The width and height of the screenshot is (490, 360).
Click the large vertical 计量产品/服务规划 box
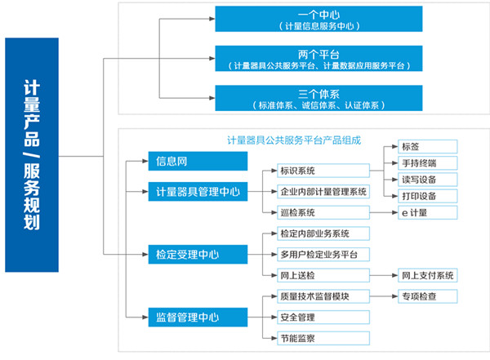pyautogui.click(x=32, y=154)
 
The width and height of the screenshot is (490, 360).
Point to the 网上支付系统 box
pyautogui.click(x=428, y=275)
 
